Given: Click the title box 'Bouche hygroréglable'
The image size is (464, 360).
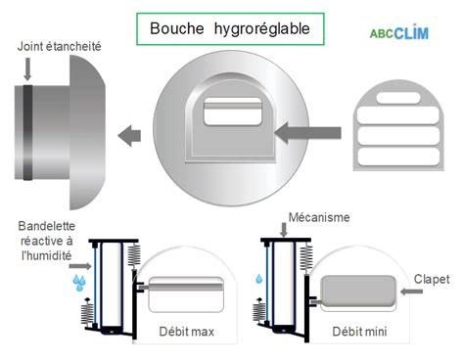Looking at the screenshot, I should (x=229, y=29).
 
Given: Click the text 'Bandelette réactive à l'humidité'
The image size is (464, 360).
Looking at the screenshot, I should (x=45, y=242).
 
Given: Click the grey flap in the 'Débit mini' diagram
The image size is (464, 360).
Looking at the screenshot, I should (x=356, y=291).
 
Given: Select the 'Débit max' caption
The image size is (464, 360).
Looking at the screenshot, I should (x=186, y=332).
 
